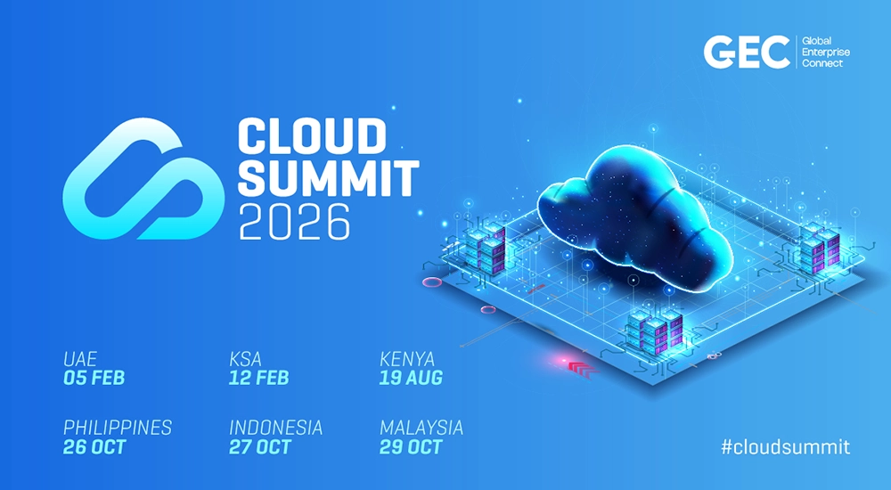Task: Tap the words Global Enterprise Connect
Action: coord(826,53)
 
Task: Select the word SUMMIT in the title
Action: coord(328,178)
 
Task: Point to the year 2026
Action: coord(294,222)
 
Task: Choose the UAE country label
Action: coord(79,359)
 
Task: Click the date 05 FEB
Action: coord(94,378)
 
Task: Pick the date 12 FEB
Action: coord(259,378)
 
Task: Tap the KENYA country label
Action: coord(407,359)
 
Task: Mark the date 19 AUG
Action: coord(411,378)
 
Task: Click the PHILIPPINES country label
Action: coord(118,428)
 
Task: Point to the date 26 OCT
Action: coord(94,447)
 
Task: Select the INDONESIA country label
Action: coord(276,428)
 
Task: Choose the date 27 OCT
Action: coord(260,447)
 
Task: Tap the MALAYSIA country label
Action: coord(421,428)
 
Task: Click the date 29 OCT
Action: coord(411,447)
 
